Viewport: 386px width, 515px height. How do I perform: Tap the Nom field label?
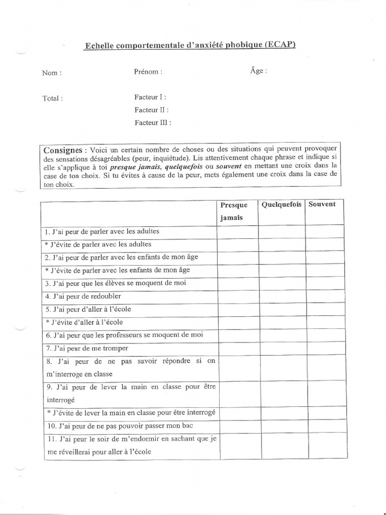click(52, 72)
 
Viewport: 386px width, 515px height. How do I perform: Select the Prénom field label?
click(148, 71)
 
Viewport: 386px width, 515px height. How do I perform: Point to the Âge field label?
click(258, 71)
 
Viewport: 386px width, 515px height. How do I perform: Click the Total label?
click(53, 99)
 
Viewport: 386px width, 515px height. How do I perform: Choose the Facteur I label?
click(150, 97)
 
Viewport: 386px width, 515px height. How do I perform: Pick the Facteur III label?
click(153, 122)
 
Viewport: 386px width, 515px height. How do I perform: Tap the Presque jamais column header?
click(234, 211)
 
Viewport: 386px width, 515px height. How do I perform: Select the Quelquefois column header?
click(281, 204)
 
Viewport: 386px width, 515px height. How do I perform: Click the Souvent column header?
click(322, 204)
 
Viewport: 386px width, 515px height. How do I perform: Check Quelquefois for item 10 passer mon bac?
click(282, 426)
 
